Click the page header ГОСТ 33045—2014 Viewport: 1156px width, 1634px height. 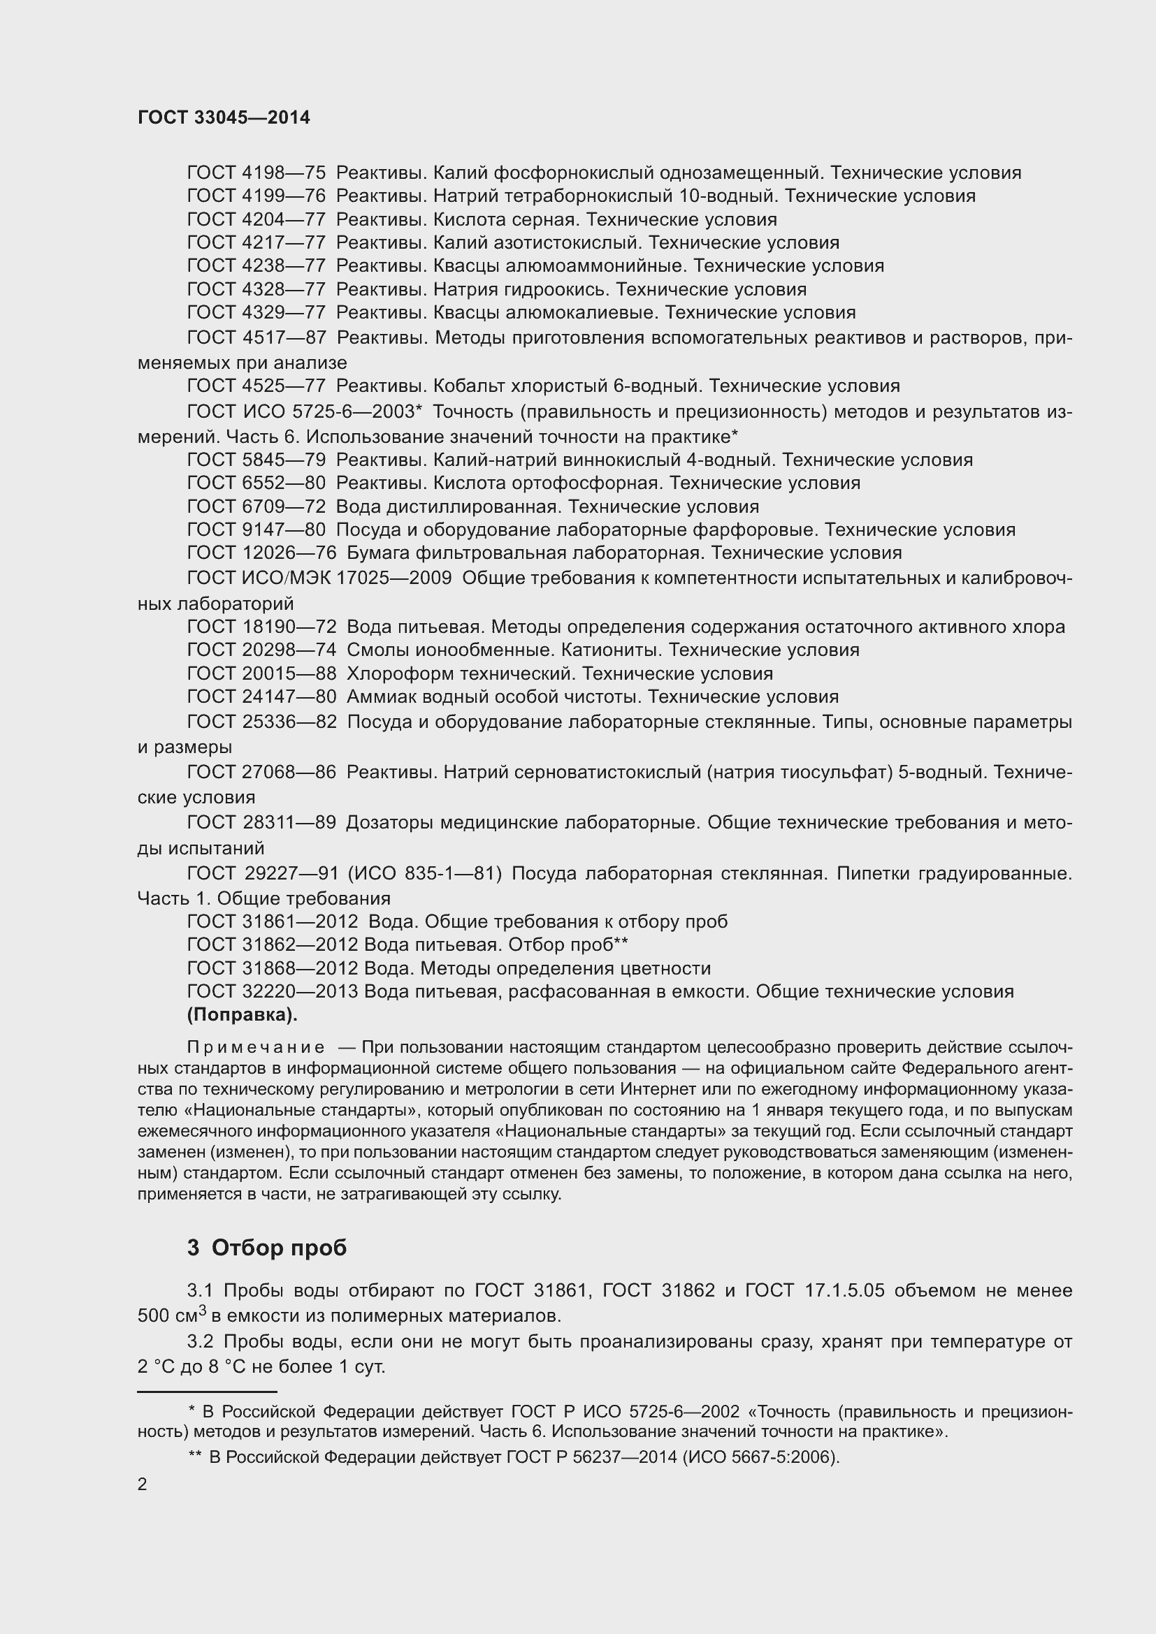click(x=224, y=118)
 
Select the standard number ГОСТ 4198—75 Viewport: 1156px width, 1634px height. click(x=257, y=173)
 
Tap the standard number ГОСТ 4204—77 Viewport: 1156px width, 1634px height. click(x=257, y=219)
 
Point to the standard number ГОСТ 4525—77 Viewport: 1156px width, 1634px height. click(x=257, y=386)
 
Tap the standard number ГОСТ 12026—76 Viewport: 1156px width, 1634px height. click(x=261, y=553)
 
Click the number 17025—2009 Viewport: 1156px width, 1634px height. click(x=393, y=578)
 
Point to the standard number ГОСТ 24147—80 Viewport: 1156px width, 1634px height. click(x=261, y=696)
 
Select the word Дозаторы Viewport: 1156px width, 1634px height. click(x=389, y=823)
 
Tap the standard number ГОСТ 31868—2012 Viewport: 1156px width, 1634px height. click(x=272, y=968)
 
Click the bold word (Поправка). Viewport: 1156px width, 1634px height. click(x=242, y=1016)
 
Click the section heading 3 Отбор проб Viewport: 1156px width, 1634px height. click(x=267, y=1248)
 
